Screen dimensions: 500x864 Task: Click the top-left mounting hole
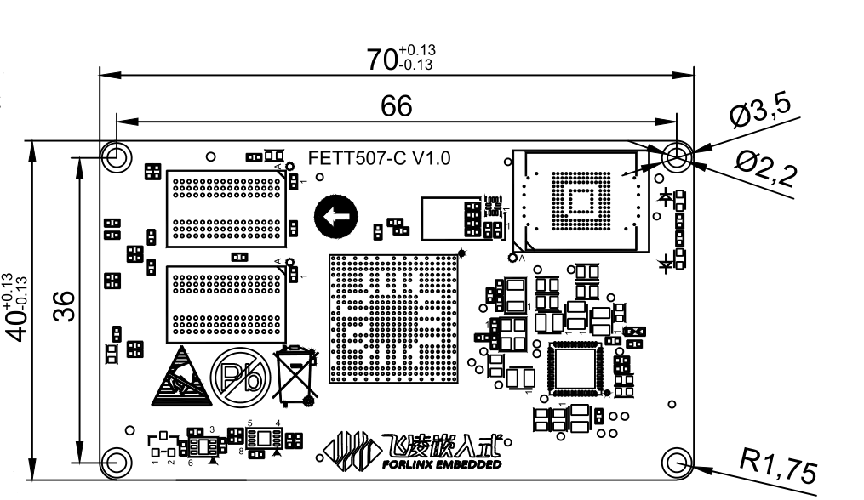(x=117, y=156)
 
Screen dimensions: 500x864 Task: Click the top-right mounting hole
(x=678, y=156)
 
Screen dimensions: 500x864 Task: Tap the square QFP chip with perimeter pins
(x=576, y=368)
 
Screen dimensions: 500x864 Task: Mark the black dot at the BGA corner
(x=462, y=253)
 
